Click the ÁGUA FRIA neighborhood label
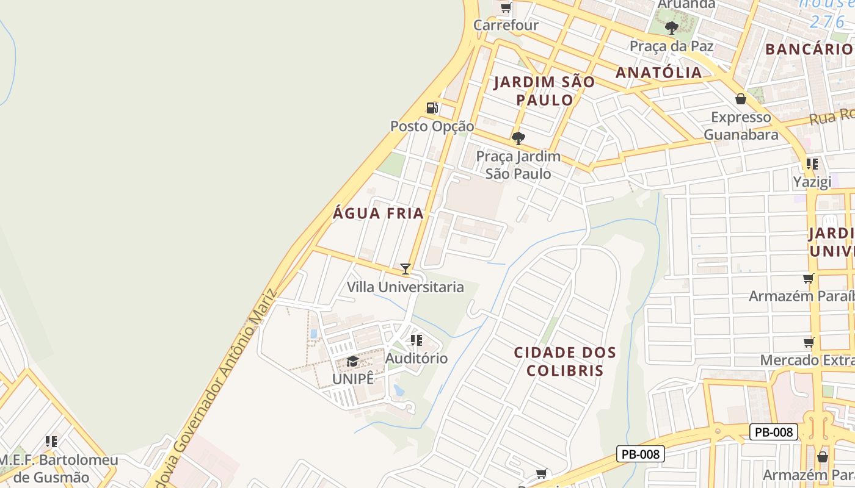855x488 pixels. (x=379, y=213)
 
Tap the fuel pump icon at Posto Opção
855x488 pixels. (x=432, y=108)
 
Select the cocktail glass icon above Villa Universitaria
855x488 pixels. (x=405, y=268)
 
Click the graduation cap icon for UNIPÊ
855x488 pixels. (x=352, y=362)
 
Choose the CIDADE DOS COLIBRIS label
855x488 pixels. (x=565, y=362)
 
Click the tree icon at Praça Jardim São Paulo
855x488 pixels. (x=518, y=138)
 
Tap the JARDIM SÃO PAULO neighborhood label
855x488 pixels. (x=544, y=91)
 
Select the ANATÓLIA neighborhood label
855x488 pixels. (x=658, y=73)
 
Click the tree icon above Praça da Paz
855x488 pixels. (x=671, y=27)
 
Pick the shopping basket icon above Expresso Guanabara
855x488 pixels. (x=741, y=99)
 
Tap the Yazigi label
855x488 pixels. (x=812, y=182)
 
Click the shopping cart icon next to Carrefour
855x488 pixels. (x=506, y=7)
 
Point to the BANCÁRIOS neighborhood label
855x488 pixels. (x=809, y=49)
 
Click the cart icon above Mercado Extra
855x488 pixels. (x=809, y=342)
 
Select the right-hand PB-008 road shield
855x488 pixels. (x=774, y=432)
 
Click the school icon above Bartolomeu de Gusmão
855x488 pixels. (x=51, y=441)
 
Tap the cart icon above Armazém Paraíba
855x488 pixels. (x=809, y=278)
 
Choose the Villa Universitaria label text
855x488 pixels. (x=406, y=287)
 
